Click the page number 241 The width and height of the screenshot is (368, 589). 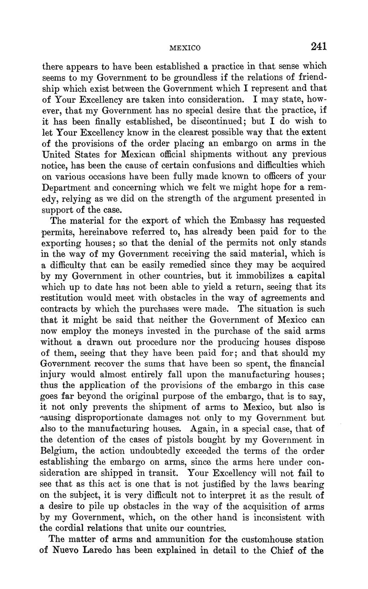pos(319,46)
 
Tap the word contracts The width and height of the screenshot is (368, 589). pos(60,309)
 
